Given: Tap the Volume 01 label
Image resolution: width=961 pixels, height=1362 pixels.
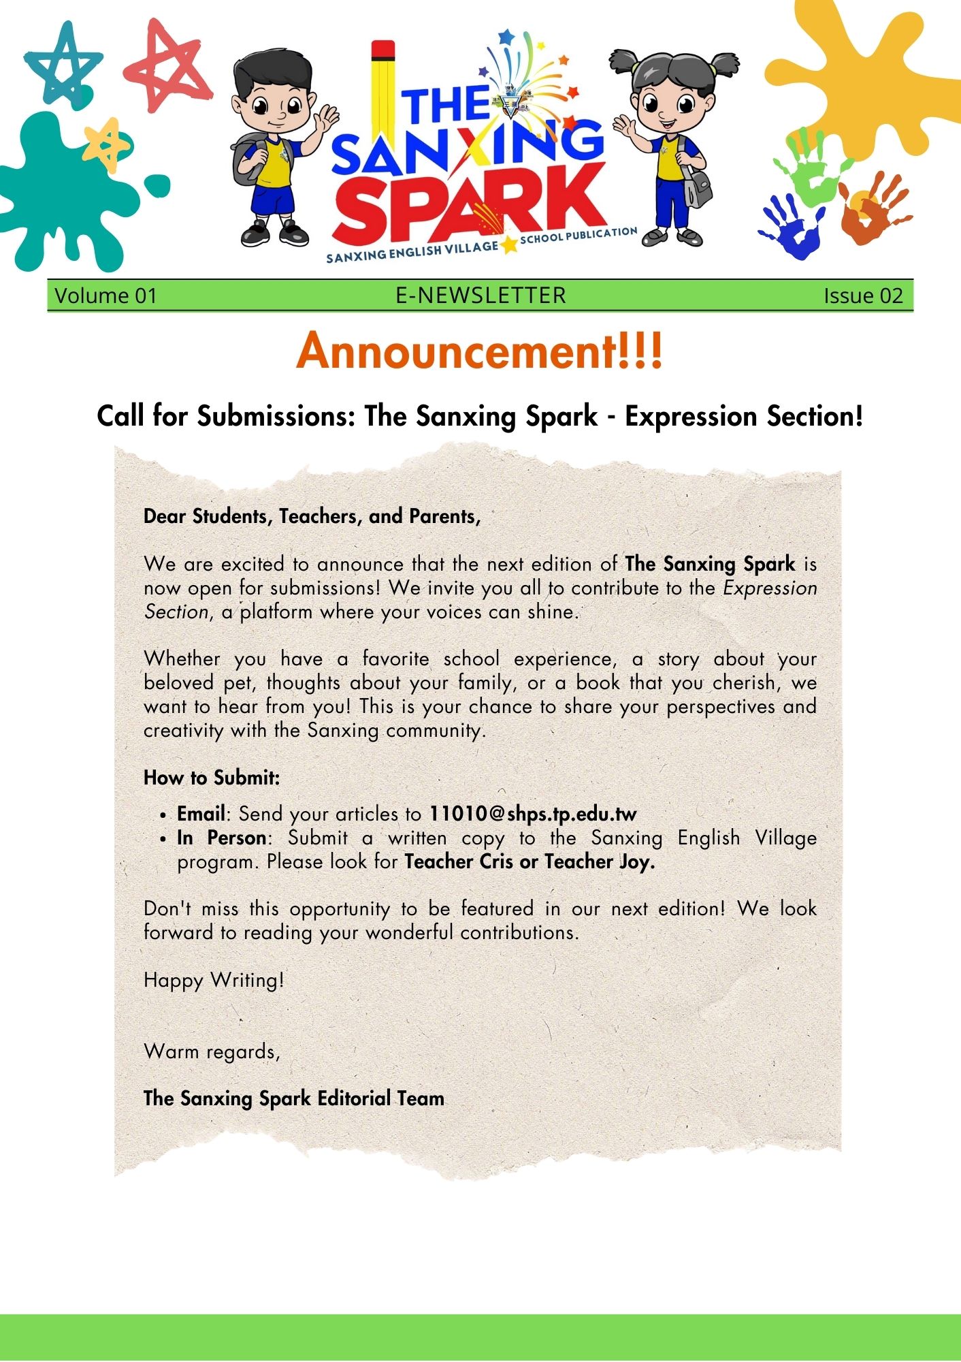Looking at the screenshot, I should click(105, 296).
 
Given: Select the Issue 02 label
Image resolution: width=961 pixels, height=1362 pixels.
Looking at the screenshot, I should click(863, 296).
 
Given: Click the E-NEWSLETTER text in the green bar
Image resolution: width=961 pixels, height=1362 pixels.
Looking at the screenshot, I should click(481, 296).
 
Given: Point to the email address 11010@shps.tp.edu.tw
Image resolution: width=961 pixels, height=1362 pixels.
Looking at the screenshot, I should click(533, 814).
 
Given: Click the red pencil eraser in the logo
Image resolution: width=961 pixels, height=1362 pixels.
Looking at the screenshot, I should click(383, 50).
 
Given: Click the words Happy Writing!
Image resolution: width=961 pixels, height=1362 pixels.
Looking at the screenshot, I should click(214, 980).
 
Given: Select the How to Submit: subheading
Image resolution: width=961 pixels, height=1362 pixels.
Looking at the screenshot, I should click(212, 777).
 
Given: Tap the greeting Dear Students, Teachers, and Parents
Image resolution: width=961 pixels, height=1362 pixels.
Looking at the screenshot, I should click(312, 516).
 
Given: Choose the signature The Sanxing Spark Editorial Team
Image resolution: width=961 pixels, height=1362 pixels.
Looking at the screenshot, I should click(294, 1098).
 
